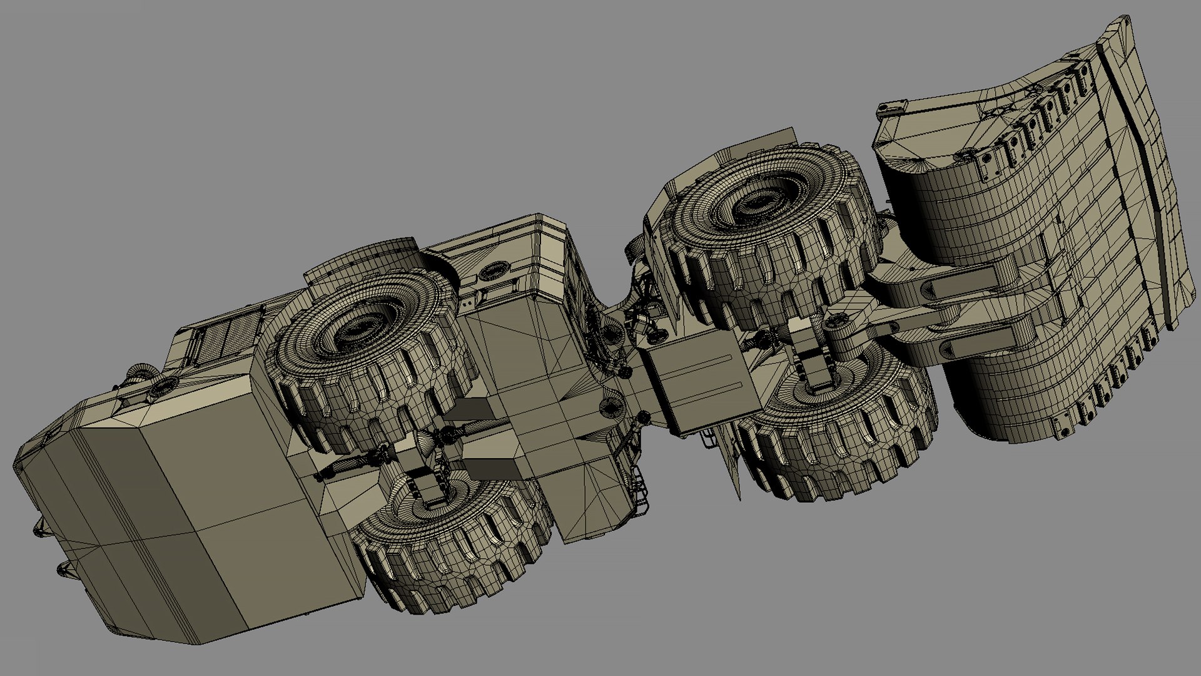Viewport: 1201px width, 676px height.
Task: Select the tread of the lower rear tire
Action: pyautogui.click(x=450, y=563)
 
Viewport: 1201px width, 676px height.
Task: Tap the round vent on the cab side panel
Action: pyautogui.click(x=494, y=272)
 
